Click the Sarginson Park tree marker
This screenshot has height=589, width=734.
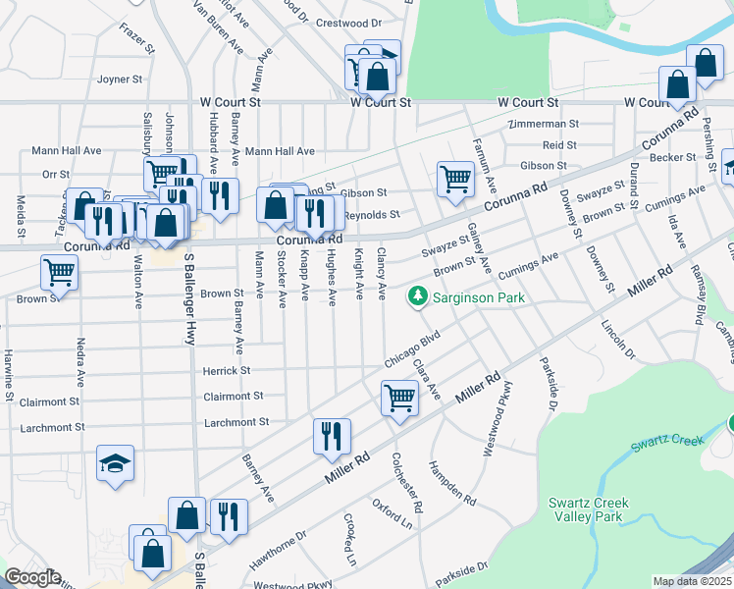[418, 295]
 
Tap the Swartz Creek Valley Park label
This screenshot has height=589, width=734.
[589, 509]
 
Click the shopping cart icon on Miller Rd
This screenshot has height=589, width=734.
[399, 399]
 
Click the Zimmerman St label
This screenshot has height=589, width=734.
[544, 125]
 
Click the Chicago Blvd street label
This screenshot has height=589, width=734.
[410, 350]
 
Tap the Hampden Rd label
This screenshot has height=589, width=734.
[452, 483]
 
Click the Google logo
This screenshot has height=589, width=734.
[31, 577]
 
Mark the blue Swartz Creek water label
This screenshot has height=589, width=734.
[667, 442]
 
